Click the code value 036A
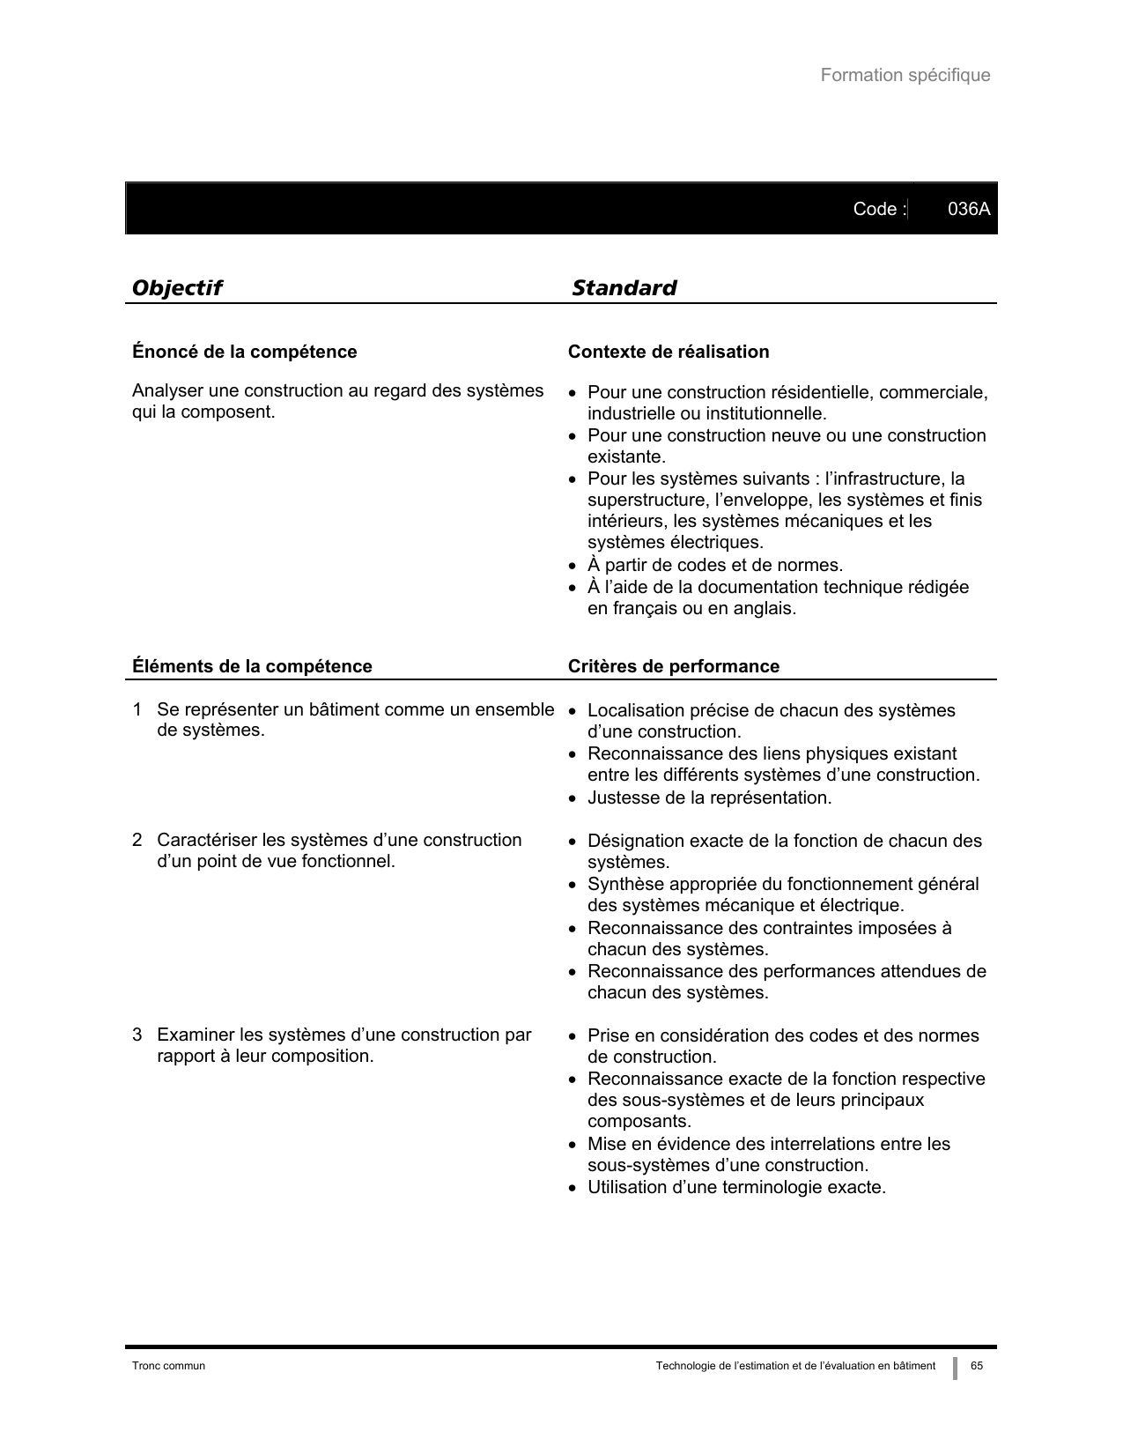[968, 209]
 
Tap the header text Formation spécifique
[905, 76]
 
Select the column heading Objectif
[176, 288]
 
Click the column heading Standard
[624, 288]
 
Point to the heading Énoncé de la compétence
[244, 352]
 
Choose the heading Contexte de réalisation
[668, 352]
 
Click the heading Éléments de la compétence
[252, 666]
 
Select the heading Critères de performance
[673, 666]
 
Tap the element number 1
[137, 710]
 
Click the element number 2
[137, 841]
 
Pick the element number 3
[137, 1035]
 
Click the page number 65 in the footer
[977, 1366]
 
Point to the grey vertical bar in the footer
[955, 1368]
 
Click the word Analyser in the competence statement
[165, 391]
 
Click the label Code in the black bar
[875, 209]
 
